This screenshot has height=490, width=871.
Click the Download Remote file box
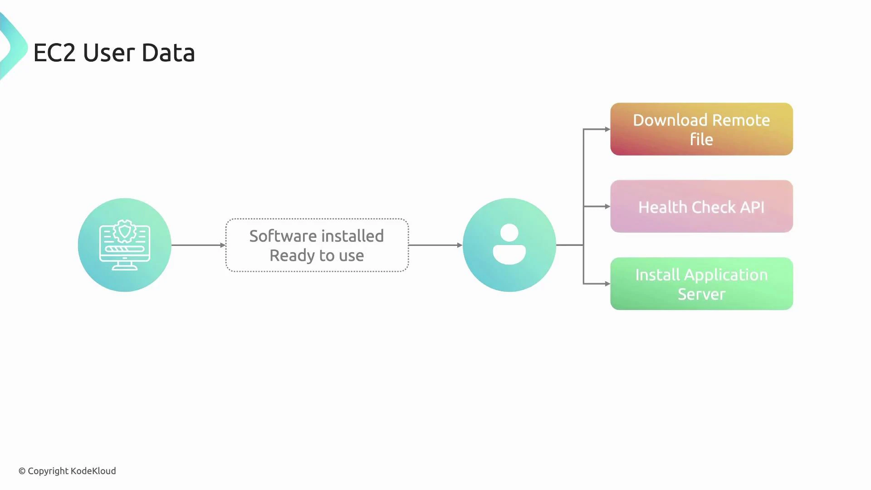[x=701, y=129]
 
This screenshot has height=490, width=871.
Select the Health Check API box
[x=701, y=206]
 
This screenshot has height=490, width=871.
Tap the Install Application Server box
[x=701, y=284]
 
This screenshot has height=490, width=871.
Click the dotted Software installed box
[x=317, y=245]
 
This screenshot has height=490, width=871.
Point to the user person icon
[x=509, y=245]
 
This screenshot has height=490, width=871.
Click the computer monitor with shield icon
[x=124, y=245]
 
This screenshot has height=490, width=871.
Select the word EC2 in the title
[x=54, y=53]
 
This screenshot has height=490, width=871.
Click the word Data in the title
[x=168, y=53]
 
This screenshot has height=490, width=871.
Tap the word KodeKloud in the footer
[x=93, y=471]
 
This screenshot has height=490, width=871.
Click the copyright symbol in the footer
[x=22, y=471]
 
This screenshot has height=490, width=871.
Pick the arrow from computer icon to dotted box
[x=198, y=245]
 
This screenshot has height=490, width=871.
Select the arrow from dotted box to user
[x=435, y=245]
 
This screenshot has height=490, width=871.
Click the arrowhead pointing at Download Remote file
[x=607, y=129]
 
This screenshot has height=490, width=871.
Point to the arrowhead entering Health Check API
[x=607, y=206]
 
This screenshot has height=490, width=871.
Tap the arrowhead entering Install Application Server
[x=607, y=284]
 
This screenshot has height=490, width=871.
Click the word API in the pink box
[x=752, y=207]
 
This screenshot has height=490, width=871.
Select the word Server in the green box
[x=701, y=294]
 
